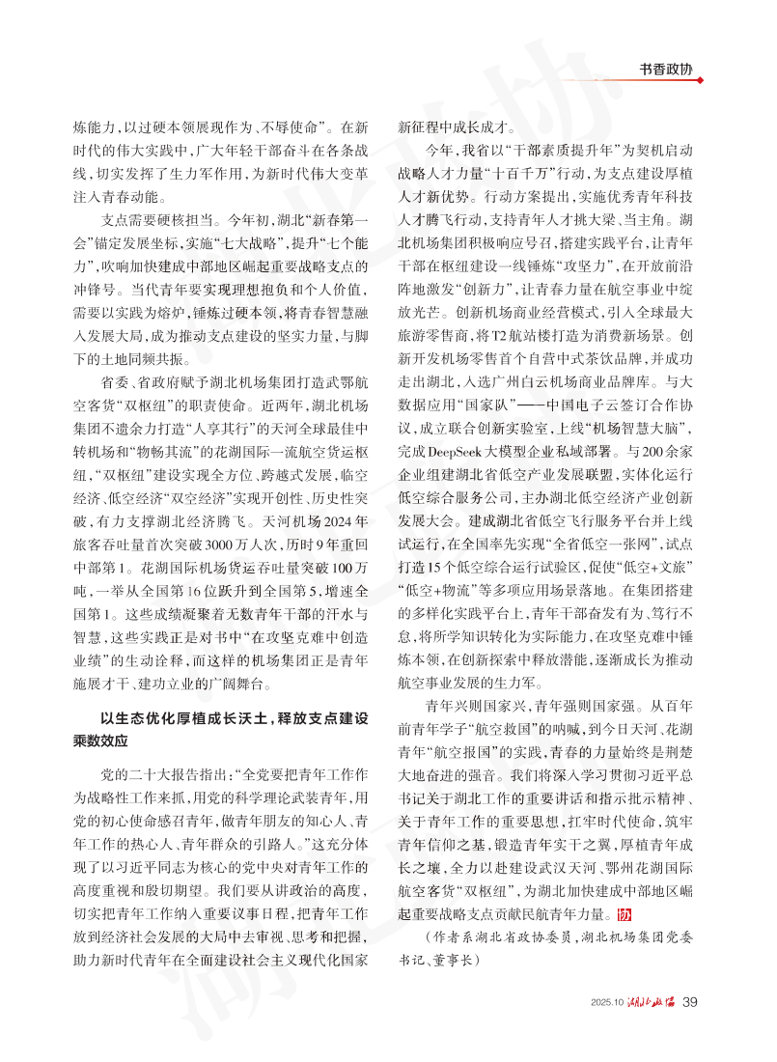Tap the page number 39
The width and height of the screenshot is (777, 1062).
tap(689, 1027)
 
